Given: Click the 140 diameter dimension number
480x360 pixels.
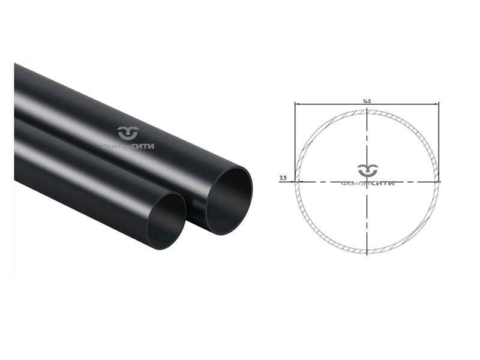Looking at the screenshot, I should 367,101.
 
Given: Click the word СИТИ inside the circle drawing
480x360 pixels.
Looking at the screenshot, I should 382,183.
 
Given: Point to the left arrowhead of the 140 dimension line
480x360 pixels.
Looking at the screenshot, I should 296,104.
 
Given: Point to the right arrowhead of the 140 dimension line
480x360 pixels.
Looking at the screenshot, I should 438,104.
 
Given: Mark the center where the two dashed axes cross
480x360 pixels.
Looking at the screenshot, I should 367,181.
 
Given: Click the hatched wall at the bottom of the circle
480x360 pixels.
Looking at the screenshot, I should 367,251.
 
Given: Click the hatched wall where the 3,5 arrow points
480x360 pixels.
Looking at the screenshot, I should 296,181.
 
